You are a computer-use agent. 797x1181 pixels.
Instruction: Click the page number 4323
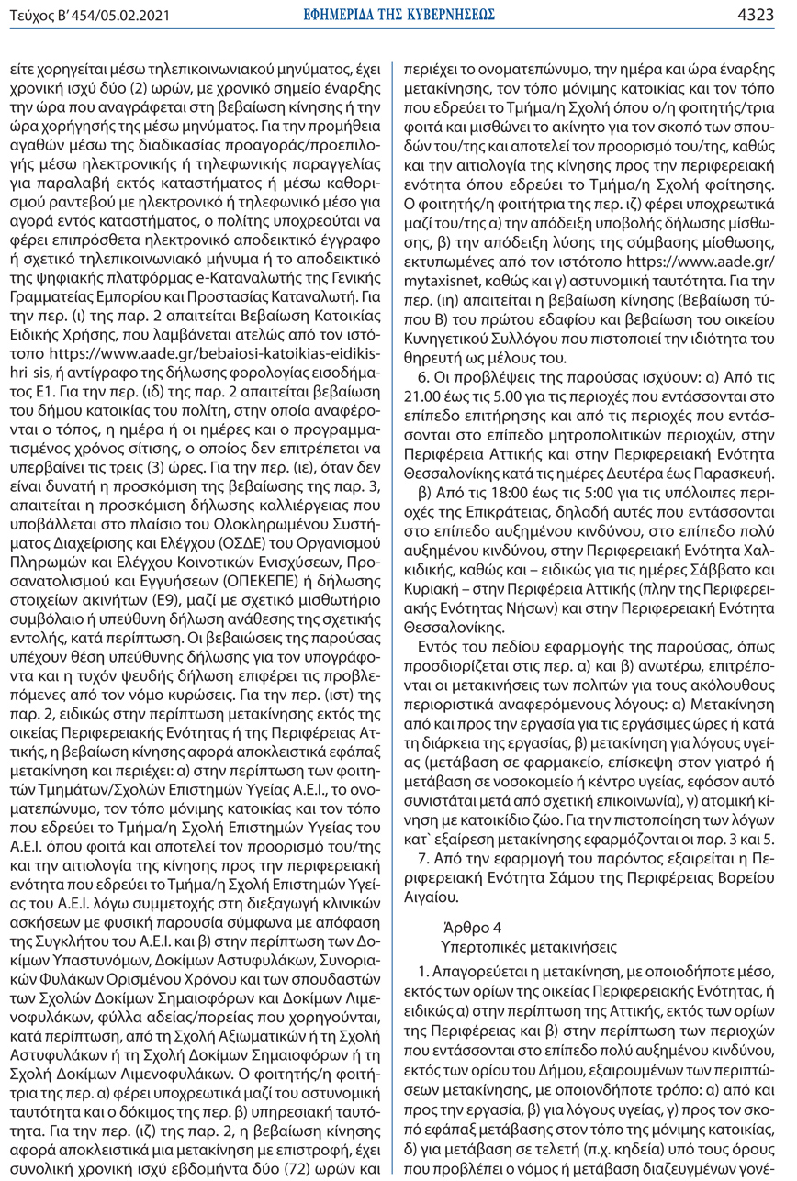coord(767,14)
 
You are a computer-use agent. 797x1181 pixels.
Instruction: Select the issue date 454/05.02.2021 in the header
coord(102,14)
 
